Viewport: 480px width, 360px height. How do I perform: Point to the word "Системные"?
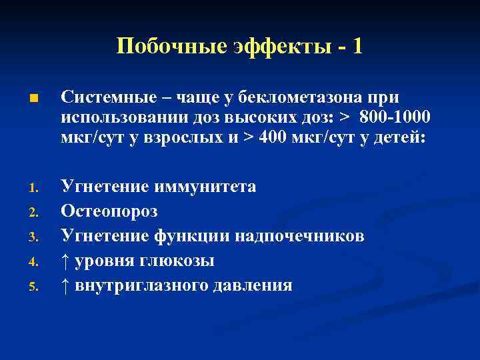click(109, 98)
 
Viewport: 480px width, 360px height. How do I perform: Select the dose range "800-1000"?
click(395, 117)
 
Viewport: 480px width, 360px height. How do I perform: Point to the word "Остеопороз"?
click(109, 211)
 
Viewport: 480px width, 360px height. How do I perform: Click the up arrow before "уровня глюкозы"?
click(65, 261)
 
